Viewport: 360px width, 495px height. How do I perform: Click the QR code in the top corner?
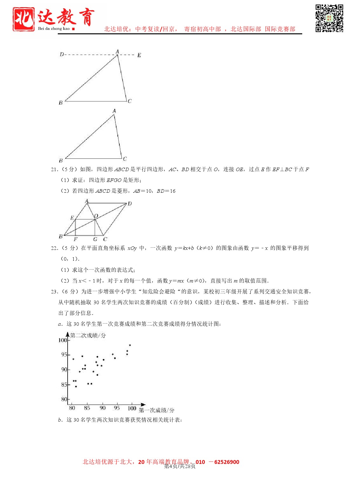pos(329,18)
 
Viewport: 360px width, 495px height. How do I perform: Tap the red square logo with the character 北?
pos(23,19)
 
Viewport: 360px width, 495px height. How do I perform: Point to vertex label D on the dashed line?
pos(62,54)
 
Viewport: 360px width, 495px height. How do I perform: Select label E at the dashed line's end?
pos(139,55)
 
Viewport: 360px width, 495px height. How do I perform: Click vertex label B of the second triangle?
pos(61,161)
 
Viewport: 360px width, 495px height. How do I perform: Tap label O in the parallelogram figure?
pos(96,216)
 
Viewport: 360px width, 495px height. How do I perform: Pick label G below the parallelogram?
pos(95,239)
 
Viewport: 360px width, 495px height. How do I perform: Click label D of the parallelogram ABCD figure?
pos(130,204)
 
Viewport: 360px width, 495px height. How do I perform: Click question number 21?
pos(54,170)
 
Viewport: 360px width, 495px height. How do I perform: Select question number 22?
pos(54,248)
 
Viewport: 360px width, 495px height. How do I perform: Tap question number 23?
pos(54,292)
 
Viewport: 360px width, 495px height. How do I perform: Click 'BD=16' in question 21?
pos(166,191)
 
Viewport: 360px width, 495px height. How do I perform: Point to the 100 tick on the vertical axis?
pos(63,340)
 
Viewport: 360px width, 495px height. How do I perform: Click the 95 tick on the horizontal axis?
pos(117,408)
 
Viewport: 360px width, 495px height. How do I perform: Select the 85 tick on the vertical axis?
pos(64,385)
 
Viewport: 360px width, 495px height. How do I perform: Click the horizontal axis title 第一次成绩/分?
pos(157,410)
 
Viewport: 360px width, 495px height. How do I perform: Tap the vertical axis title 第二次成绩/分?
pos(88,335)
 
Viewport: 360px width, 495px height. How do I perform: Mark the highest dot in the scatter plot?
pos(130,345)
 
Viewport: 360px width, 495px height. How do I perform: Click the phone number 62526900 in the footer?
pos(227,462)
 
